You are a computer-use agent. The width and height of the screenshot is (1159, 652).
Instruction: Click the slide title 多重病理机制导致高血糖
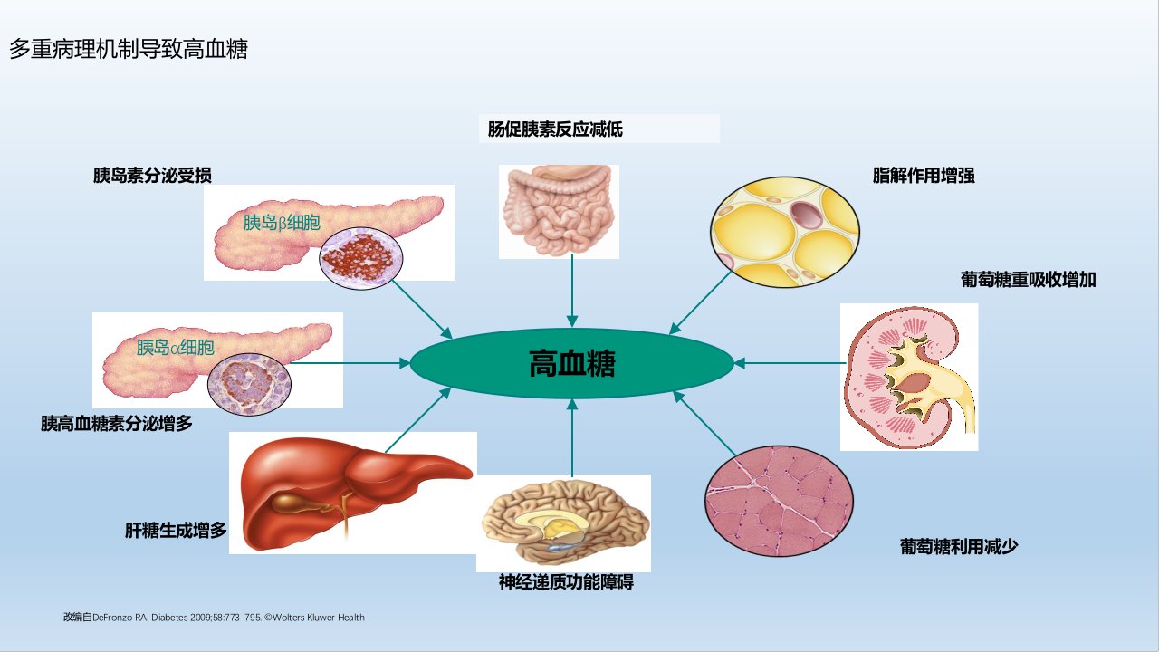pos(129,49)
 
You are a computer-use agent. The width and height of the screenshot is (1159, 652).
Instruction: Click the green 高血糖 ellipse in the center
pos(571,363)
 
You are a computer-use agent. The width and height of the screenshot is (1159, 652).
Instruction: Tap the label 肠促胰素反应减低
pos(555,129)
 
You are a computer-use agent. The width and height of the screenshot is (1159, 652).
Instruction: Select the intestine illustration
pos(559,211)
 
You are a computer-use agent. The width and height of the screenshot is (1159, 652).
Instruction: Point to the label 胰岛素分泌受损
pos(152,176)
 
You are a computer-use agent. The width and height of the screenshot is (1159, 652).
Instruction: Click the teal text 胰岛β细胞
pos(282,223)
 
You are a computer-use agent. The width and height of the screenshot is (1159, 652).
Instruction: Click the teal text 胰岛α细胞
pos(176,347)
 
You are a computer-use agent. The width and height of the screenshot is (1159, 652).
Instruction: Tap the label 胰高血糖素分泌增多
pos(117,423)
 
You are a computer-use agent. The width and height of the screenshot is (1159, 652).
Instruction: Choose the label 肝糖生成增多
pos(176,530)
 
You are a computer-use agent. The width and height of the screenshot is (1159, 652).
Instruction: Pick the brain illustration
pos(564,523)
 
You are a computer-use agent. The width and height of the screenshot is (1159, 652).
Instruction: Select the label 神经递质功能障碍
pos(566,582)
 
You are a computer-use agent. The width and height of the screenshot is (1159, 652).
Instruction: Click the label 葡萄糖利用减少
pos(959,546)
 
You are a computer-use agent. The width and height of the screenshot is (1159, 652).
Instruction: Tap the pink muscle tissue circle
pos(780,501)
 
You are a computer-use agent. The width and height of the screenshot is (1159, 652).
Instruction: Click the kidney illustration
pos(910,378)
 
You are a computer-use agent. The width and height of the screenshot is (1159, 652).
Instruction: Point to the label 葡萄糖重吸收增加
pos(1028,280)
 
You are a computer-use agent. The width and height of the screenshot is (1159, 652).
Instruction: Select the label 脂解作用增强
pos(924,176)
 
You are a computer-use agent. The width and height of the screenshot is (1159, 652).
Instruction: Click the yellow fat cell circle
pos(785,232)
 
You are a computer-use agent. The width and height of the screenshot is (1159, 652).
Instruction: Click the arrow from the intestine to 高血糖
pos(572,291)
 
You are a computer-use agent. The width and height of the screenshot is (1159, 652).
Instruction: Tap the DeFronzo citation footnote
pos(215,618)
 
